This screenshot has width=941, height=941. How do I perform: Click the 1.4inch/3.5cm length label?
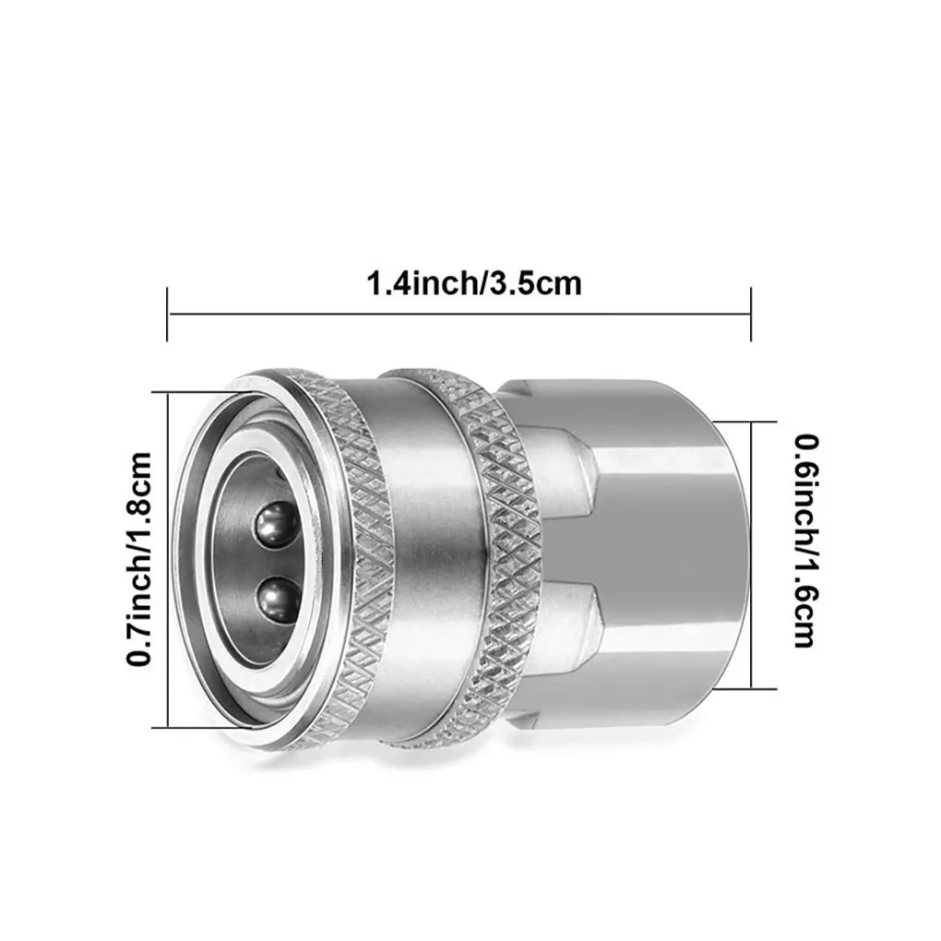point(473,283)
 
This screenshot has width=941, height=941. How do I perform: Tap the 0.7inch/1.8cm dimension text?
point(139,559)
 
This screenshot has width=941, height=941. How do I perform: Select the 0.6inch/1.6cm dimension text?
point(806,542)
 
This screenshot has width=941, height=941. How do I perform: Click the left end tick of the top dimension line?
point(167,314)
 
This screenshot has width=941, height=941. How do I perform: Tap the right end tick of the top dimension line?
point(751,314)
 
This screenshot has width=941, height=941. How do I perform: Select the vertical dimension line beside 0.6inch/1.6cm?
point(751,555)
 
